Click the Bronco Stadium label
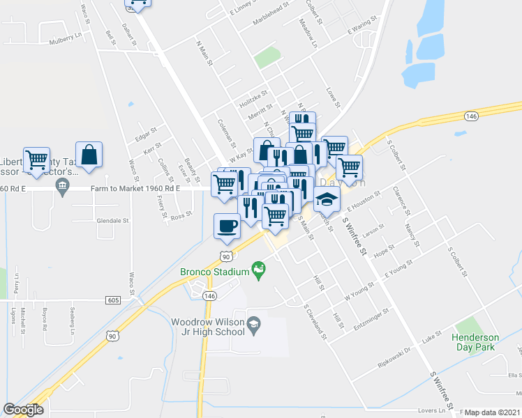pyautogui.click(x=215, y=271)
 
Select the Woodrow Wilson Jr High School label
pyautogui.click(x=209, y=327)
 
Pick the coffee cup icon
pyautogui.click(x=226, y=226)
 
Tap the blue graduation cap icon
pyautogui.click(x=327, y=199)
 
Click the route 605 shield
pyautogui.click(x=113, y=299)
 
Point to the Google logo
pyautogui.click(x=23, y=410)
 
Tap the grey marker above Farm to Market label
pyautogui.click(x=61, y=185)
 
